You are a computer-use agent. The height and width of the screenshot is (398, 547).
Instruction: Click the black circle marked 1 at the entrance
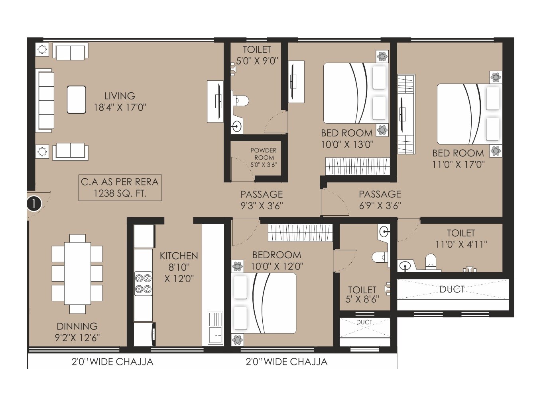click(x=34, y=203)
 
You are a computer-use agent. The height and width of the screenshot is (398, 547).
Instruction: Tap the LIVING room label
click(x=120, y=96)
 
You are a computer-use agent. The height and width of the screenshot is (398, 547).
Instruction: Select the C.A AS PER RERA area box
click(x=120, y=187)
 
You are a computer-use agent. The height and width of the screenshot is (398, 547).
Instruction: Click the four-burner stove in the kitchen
click(x=143, y=283)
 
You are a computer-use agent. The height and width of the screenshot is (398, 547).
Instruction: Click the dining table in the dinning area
click(x=77, y=273)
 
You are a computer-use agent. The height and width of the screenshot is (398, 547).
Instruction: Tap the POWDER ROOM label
click(x=263, y=154)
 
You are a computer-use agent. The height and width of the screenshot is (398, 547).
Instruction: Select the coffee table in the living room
click(x=76, y=99)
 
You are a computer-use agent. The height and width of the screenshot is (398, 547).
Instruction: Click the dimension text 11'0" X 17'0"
click(x=458, y=164)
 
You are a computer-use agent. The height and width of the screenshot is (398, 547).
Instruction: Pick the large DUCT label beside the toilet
click(x=452, y=289)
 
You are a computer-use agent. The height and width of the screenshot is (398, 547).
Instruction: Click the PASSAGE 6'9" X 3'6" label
click(x=380, y=199)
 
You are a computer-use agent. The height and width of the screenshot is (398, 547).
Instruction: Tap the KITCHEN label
click(x=179, y=256)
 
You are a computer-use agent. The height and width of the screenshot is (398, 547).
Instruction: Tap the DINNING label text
click(x=77, y=326)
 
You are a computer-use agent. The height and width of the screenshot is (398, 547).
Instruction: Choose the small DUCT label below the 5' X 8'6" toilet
click(x=364, y=322)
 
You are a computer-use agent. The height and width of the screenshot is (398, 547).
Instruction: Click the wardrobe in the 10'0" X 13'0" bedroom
click(x=357, y=166)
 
